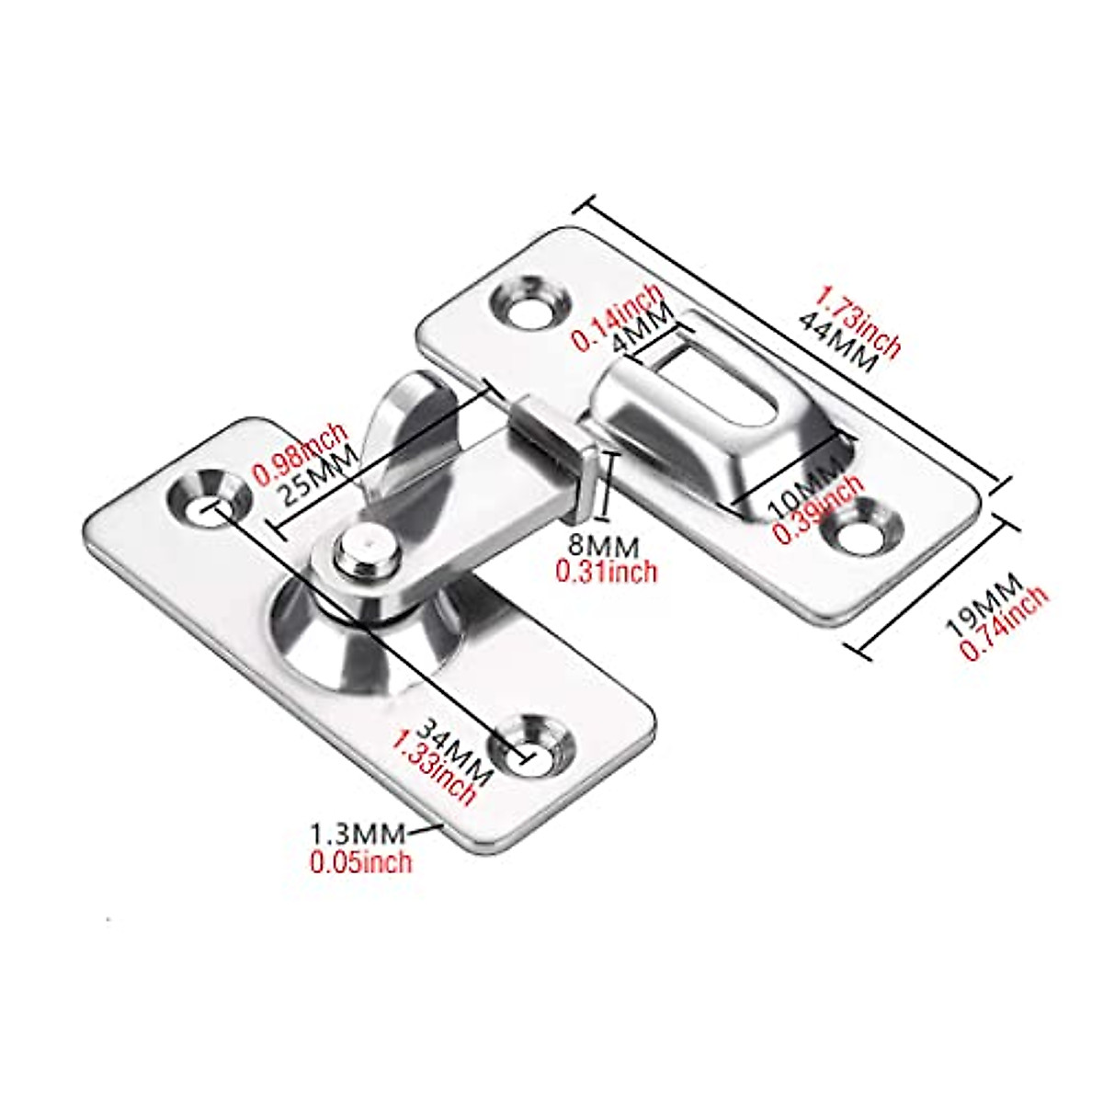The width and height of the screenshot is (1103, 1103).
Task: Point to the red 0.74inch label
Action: [x=1004, y=623]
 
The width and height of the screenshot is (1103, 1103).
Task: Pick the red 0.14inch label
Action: [x=618, y=316]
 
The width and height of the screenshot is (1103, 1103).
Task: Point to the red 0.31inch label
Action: [x=607, y=571]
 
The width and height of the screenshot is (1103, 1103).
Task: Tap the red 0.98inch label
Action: [x=301, y=452]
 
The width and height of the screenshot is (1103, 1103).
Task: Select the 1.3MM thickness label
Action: [x=357, y=835]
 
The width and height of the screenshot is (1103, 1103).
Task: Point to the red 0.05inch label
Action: [x=361, y=861]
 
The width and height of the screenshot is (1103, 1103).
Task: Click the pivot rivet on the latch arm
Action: [x=365, y=551]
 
